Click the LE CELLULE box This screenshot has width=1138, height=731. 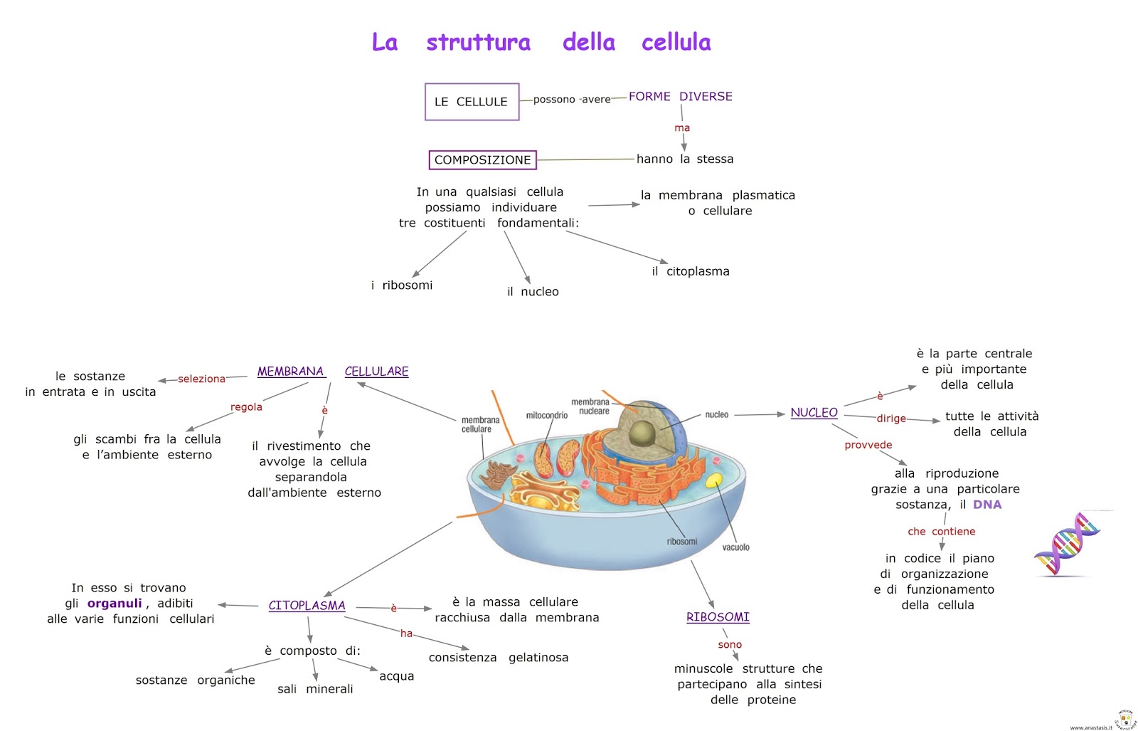pyautogui.click(x=472, y=102)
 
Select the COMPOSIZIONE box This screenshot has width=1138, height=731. pyautogui.click(x=482, y=160)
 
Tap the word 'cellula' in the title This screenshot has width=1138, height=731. pyautogui.click(x=676, y=43)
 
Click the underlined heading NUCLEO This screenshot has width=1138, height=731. pyautogui.click(x=814, y=413)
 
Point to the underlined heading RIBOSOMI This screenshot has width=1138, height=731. pyautogui.click(x=718, y=617)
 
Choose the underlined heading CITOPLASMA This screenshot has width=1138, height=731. pyautogui.click(x=307, y=606)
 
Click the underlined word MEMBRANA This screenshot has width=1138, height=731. pyautogui.click(x=290, y=372)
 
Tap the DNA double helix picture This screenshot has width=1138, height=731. pyautogui.click(x=1067, y=545)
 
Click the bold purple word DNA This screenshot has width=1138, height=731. pyautogui.click(x=987, y=505)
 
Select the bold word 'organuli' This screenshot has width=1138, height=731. pyautogui.click(x=115, y=604)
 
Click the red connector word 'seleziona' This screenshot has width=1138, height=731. pyautogui.click(x=201, y=379)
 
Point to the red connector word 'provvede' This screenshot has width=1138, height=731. pyautogui.click(x=868, y=446)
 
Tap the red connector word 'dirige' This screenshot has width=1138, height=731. pyautogui.click(x=890, y=419)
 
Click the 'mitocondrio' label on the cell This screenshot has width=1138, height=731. pyautogui.click(x=546, y=416)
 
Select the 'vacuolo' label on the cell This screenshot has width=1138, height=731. pyautogui.click(x=735, y=547)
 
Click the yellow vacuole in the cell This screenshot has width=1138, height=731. pyautogui.click(x=713, y=480)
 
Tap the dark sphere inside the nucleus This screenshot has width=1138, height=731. pyautogui.click(x=642, y=431)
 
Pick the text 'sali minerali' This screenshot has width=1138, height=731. pyautogui.click(x=315, y=689)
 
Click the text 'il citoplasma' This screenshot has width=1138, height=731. pyautogui.click(x=691, y=271)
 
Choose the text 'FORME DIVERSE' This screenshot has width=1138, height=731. pyautogui.click(x=680, y=97)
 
